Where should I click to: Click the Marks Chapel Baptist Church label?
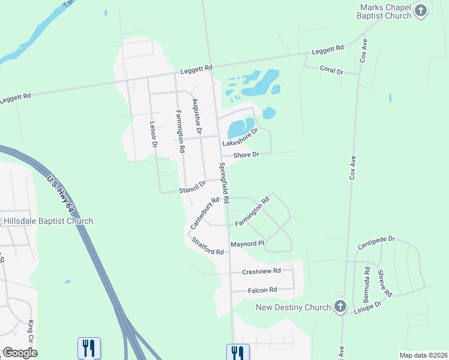point(385,11)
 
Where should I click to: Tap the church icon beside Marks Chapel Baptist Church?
point(421,10)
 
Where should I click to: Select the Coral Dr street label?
point(331,71)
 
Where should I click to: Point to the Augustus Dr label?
point(196,116)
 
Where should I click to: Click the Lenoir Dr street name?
point(153,135)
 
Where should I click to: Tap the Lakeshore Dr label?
point(240,137)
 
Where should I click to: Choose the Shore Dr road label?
point(246,155)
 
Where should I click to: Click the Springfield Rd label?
point(224,182)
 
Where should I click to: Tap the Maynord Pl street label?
point(247,244)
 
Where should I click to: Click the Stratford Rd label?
point(208,247)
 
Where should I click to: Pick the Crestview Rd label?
point(261,271)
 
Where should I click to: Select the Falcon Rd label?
point(262,290)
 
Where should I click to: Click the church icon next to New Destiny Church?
point(340,307)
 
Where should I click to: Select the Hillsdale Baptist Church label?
point(48,221)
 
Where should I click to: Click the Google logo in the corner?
point(20,352)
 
